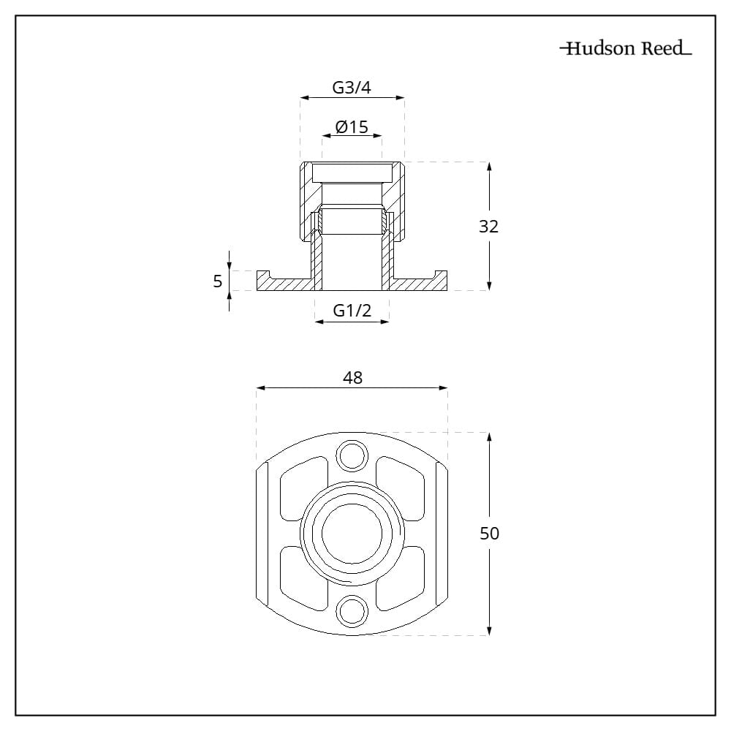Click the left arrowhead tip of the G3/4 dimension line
coord(300,98)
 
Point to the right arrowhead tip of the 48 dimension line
coord(447,388)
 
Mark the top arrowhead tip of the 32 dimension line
coord(489,162)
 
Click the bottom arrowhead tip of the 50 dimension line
coord(489,635)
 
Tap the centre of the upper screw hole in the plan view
coord(352,455)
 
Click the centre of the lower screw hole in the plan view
coord(352,610)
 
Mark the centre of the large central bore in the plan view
coord(352,533)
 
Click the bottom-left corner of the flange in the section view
coord(257,290)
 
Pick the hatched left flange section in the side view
coord(285,282)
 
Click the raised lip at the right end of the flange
coord(441,275)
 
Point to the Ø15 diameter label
coord(352,126)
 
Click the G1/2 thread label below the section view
coord(352,310)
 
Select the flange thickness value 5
coord(218,281)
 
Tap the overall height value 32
coord(488,227)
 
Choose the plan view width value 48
coord(352,378)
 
